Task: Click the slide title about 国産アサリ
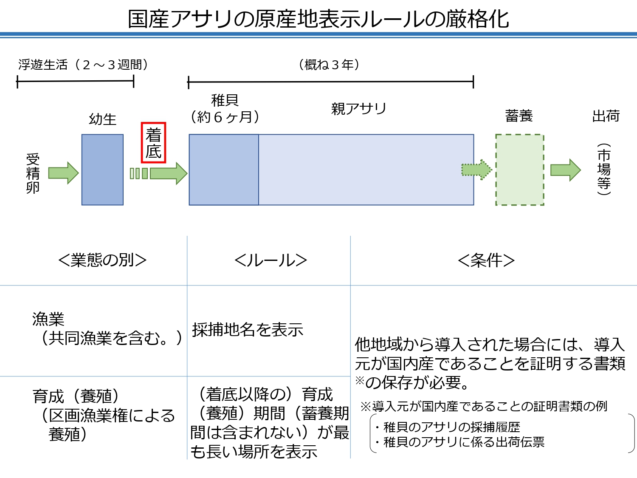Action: click(318, 19)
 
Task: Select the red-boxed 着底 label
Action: click(153, 143)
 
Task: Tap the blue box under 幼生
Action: click(102, 170)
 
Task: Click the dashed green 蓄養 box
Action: click(519, 170)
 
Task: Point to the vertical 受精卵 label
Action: click(33, 173)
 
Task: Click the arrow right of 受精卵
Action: click(63, 173)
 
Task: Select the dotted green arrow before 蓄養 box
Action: click(476, 170)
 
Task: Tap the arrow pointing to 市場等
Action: click(565, 170)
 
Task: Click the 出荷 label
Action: click(606, 116)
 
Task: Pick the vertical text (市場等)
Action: click(604, 169)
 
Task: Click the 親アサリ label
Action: click(359, 109)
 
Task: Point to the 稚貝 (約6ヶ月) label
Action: click(225, 109)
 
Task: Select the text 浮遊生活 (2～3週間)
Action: click(83, 65)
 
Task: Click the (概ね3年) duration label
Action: click(329, 65)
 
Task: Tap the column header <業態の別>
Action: click(102, 260)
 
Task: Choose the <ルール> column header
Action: click(271, 260)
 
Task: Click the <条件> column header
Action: click(486, 260)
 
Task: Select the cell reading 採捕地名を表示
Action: click(248, 330)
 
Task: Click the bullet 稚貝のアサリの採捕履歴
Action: click(447, 427)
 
